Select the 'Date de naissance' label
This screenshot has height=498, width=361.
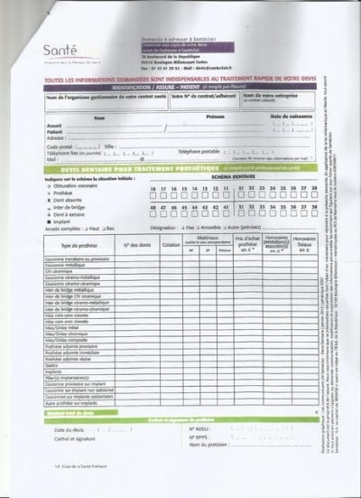click(292, 117)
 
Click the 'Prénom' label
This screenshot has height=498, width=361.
click(215, 117)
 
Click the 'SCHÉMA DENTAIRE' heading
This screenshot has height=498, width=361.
click(233, 178)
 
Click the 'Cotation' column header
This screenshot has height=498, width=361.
click(170, 245)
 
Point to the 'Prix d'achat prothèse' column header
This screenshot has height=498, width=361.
click(247, 242)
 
